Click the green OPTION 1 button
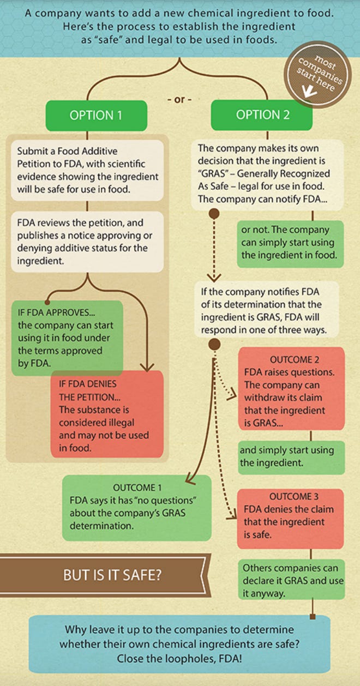(x=96, y=116)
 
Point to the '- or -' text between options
(x=179, y=100)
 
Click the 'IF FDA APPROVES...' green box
(x=67, y=338)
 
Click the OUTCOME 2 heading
(x=294, y=360)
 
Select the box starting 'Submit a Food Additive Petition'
(x=87, y=164)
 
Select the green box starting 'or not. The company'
(x=289, y=243)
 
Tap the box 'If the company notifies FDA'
(x=268, y=309)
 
